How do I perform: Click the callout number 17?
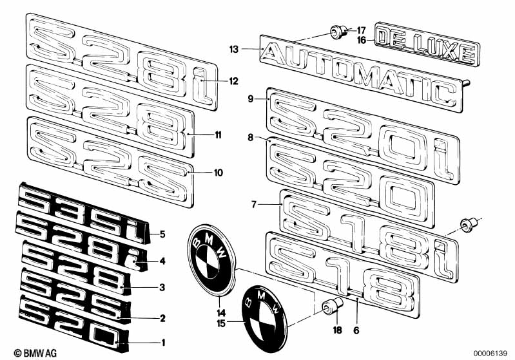[361, 30]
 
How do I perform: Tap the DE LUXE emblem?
[427, 44]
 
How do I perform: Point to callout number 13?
[233, 50]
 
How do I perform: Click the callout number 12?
[233, 81]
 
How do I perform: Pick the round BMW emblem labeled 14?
[212, 260]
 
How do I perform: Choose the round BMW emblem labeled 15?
[265, 319]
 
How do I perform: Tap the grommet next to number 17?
[338, 32]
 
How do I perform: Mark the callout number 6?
[356, 330]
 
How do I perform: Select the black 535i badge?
[84, 213]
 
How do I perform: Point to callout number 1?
[162, 343]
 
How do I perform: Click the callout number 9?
[251, 99]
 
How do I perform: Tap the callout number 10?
[219, 173]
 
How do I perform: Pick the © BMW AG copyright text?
[35, 353]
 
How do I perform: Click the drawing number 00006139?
[491, 354]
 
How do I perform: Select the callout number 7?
[253, 204]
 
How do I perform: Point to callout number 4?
[162, 261]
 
